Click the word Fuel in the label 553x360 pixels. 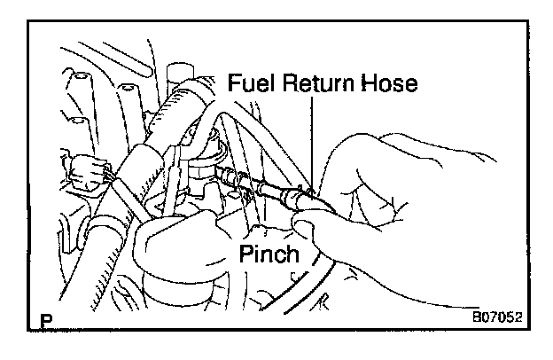point(248,84)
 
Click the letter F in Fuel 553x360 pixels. point(233,84)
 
